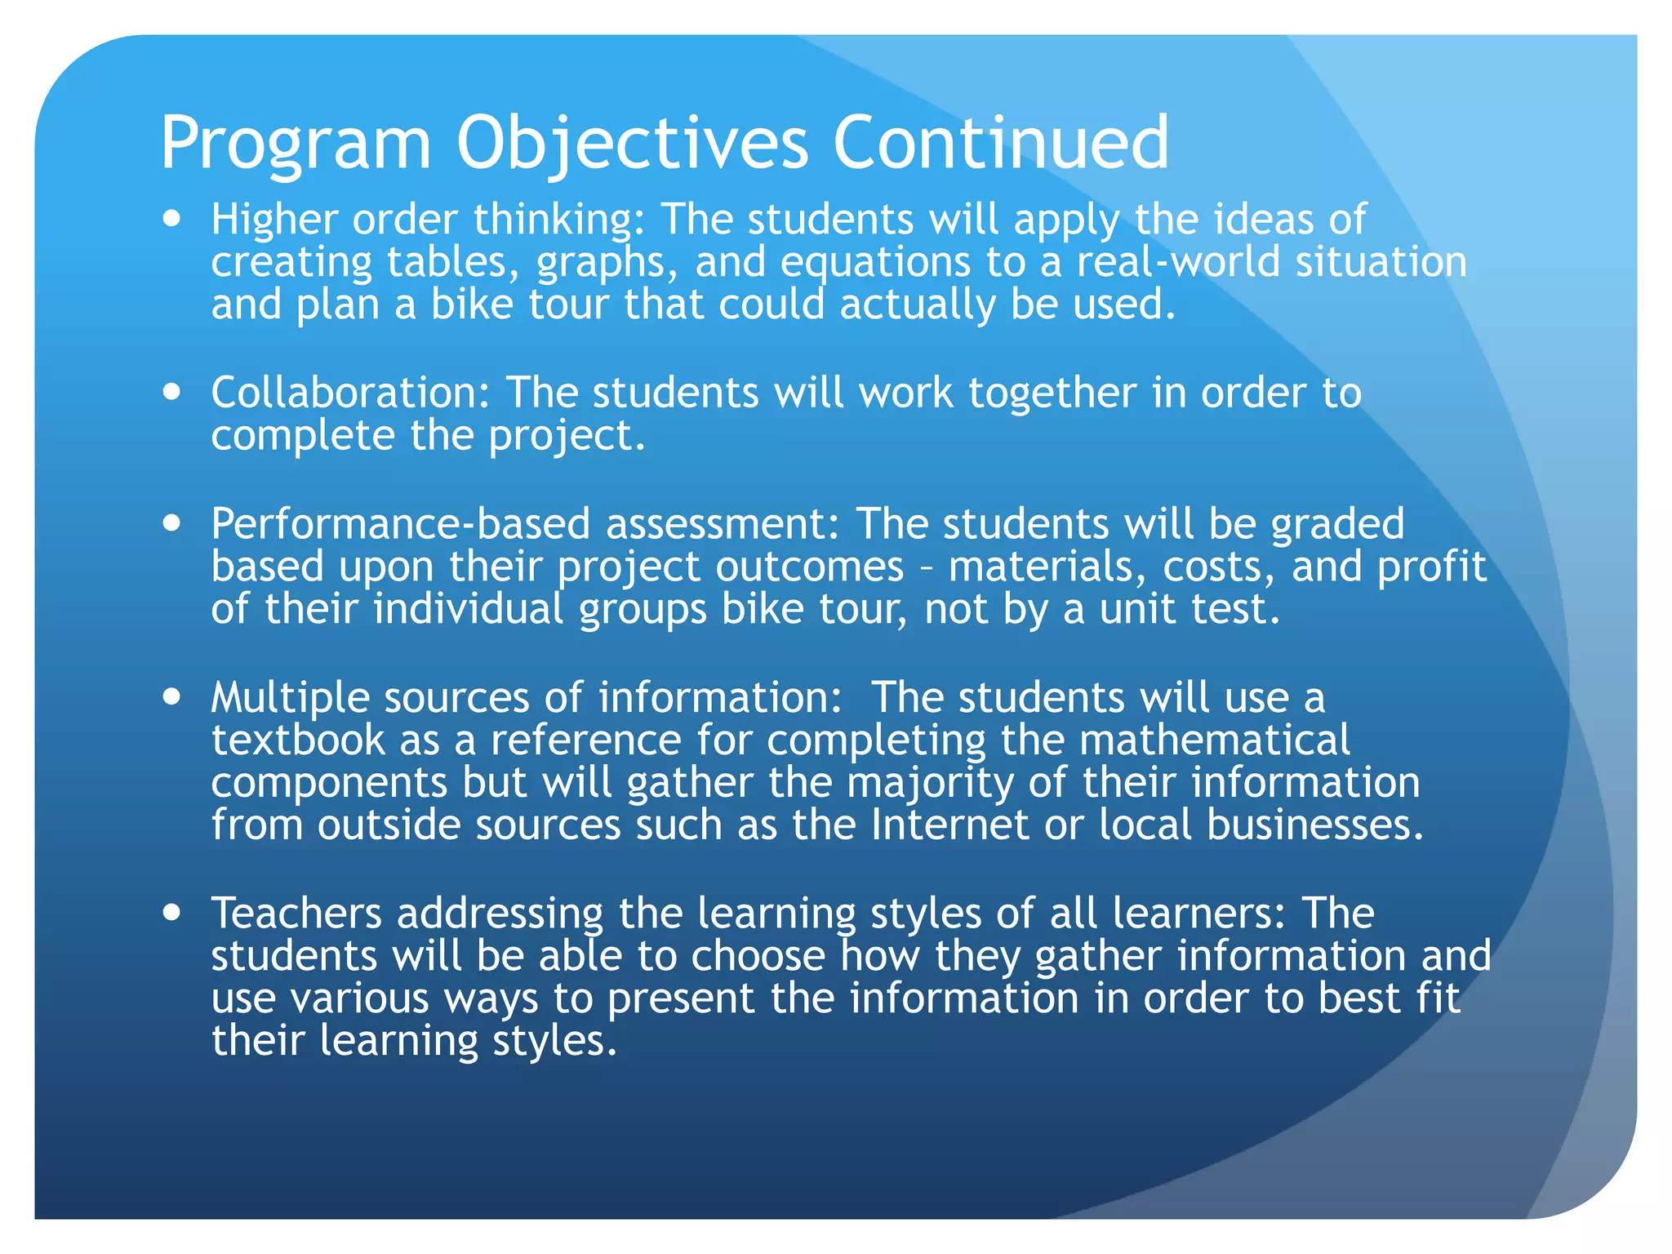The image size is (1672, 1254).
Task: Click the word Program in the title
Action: point(296,145)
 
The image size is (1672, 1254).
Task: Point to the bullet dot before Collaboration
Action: point(171,392)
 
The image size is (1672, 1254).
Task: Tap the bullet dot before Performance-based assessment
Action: point(171,522)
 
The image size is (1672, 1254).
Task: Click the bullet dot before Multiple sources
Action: point(171,696)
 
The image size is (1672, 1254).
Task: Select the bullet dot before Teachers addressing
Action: point(171,912)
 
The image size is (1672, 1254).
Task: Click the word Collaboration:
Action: point(350,393)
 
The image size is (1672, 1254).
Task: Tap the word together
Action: point(1052,394)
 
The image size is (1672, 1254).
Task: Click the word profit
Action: point(1431,567)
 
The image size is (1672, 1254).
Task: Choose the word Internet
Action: point(949,825)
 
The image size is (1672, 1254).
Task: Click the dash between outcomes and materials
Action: point(926,567)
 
